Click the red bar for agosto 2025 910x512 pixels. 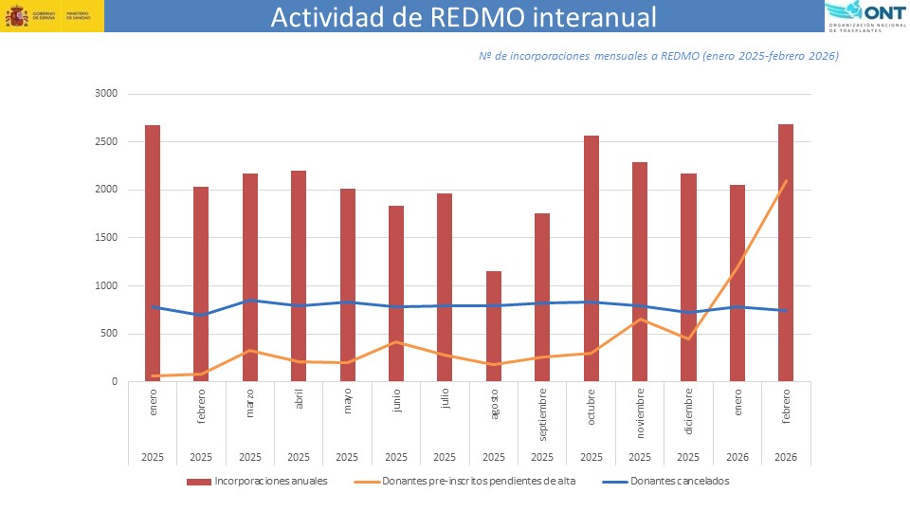494,327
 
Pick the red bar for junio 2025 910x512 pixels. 396,294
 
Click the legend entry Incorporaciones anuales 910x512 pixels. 258,482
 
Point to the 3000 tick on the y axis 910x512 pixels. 105,94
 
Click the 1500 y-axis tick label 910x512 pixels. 105,238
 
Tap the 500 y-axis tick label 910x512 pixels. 108,334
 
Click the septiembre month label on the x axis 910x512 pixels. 542,413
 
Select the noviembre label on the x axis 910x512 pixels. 640,410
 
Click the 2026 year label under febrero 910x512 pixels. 786,456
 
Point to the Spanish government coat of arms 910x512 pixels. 16,16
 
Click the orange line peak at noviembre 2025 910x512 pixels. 640,320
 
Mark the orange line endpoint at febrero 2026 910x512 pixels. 787,180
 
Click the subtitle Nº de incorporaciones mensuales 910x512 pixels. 658,56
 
